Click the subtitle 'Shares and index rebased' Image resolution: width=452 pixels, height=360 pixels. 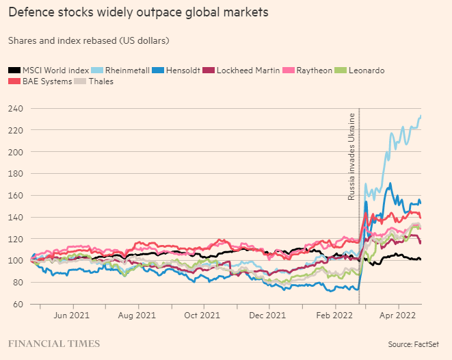88,40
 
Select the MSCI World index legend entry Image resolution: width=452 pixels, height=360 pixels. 50,70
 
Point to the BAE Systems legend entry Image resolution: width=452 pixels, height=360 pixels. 42,81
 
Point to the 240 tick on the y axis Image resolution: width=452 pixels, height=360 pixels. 15,108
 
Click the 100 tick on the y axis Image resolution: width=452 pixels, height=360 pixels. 15,261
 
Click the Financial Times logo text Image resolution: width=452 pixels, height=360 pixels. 53,343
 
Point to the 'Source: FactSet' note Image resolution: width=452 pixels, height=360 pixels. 413,344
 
